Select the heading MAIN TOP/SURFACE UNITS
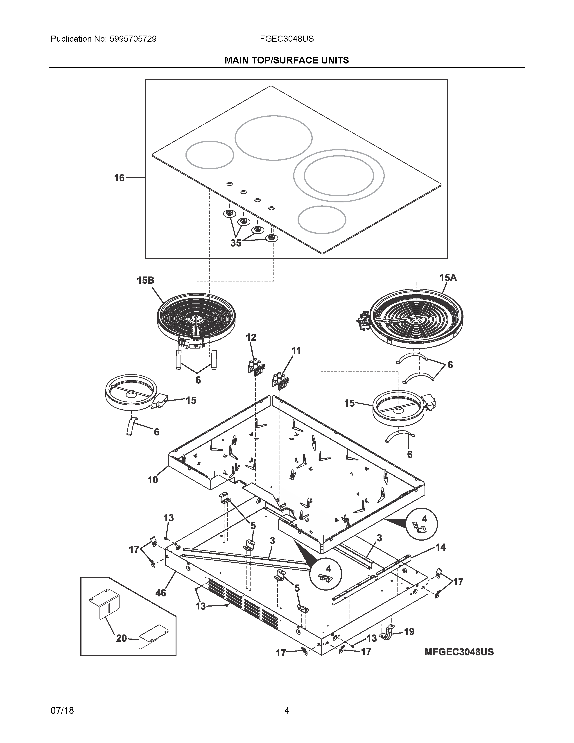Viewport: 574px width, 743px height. coord(287,61)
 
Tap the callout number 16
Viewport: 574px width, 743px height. coord(119,178)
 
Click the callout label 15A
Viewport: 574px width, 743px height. coord(448,278)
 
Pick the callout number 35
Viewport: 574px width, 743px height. coord(236,243)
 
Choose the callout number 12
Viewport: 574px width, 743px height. coord(251,338)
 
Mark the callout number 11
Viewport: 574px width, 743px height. coord(296,350)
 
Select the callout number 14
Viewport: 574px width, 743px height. coord(440,557)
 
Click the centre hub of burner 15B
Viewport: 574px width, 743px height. coord(197,318)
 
